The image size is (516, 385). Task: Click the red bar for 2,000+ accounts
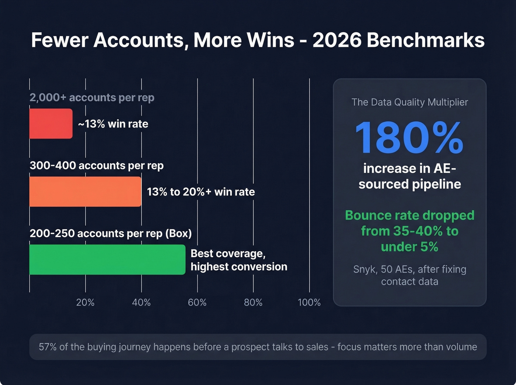point(51,124)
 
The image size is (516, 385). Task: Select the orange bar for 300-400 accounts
point(85,192)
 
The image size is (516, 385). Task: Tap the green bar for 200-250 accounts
point(107,259)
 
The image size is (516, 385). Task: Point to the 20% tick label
point(85,302)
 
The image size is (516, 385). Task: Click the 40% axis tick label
point(141,302)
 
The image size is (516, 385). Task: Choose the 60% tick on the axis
point(197,302)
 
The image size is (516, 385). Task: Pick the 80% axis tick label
point(253,302)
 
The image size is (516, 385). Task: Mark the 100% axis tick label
point(309,302)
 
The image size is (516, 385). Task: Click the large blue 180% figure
point(409,138)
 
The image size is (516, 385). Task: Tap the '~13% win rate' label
point(113,124)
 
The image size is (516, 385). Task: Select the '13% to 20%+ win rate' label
point(201,192)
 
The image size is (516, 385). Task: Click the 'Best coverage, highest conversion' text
point(238,260)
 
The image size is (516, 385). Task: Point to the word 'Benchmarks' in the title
point(425,40)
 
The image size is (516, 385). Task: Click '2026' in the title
point(337,40)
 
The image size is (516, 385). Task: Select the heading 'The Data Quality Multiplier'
point(409,102)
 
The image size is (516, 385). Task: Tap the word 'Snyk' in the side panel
point(365,269)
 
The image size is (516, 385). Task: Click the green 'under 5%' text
point(409,246)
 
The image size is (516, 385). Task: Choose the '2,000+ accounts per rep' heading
point(92,98)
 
